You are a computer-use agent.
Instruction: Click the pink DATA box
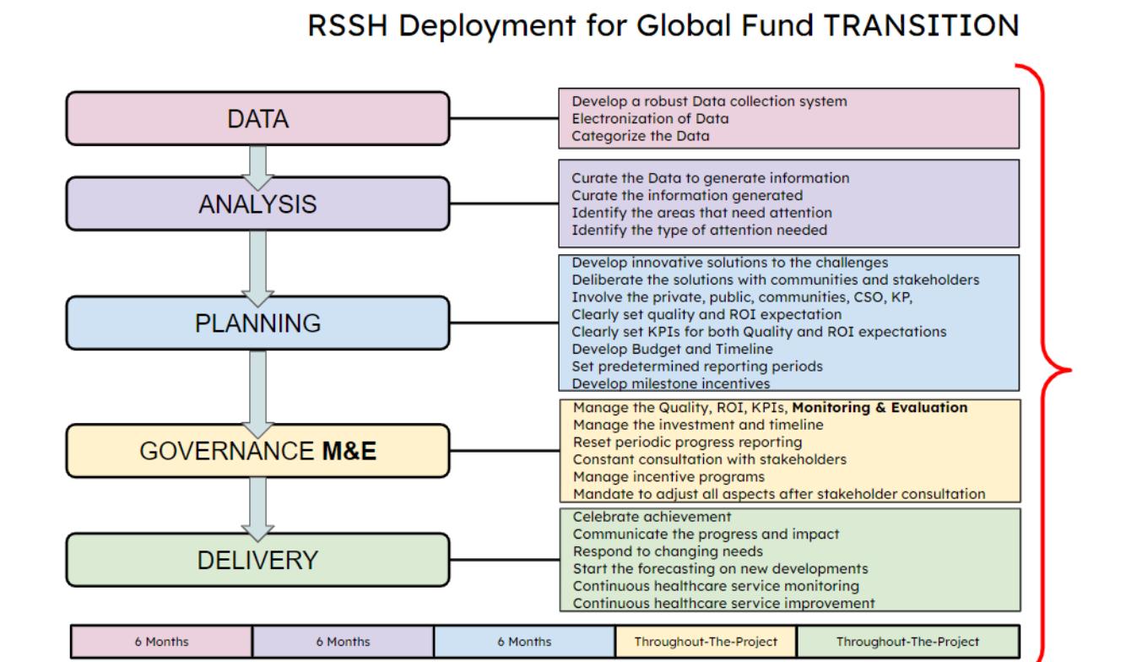pos(258,119)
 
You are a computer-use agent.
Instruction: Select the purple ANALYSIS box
pos(258,204)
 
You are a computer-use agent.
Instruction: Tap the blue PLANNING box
pos(258,323)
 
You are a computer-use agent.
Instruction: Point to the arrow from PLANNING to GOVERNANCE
pos(258,388)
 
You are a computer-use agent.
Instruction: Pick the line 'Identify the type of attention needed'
pos(699,229)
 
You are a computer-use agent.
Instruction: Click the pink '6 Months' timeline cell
pos(161,642)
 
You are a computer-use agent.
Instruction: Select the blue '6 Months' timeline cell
pos(524,642)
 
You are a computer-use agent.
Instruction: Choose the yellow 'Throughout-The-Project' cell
pos(706,642)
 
